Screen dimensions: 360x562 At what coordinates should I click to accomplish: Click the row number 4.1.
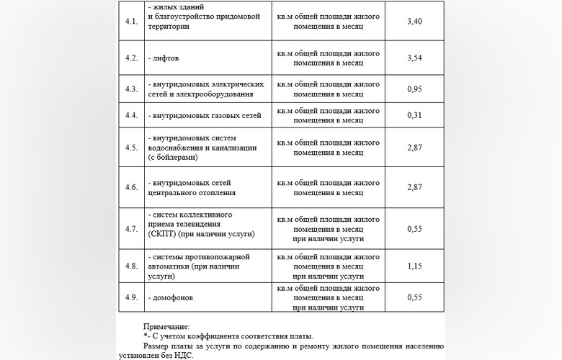[x=131, y=22]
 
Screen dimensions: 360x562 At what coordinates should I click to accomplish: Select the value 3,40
[x=414, y=22]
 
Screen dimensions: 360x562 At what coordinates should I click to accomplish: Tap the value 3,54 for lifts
[x=414, y=58]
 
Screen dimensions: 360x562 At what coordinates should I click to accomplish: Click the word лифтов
[x=166, y=58]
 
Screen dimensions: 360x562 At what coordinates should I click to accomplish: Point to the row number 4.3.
[x=131, y=89]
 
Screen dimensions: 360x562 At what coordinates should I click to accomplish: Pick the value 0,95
[x=414, y=89]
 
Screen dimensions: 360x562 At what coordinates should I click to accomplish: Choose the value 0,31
[x=414, y=115]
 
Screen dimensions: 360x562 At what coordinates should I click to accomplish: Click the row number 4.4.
[x=131, y=115]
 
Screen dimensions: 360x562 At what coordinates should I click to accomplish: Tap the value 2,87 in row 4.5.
[x=414, y=148]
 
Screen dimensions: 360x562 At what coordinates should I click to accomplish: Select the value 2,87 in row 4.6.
[x=414, y=187]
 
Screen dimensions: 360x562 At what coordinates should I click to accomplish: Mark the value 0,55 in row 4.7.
[x=414, y=229]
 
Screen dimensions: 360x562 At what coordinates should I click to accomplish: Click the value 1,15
[x=414, y=266]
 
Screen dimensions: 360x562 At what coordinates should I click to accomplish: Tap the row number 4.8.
[x=131, y=266]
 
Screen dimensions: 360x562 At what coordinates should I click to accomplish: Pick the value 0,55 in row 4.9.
[x=414, y=297]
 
